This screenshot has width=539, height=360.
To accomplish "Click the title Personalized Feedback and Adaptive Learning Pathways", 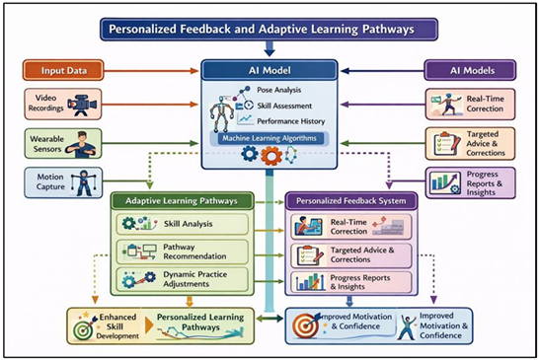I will [x=269, y=28].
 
